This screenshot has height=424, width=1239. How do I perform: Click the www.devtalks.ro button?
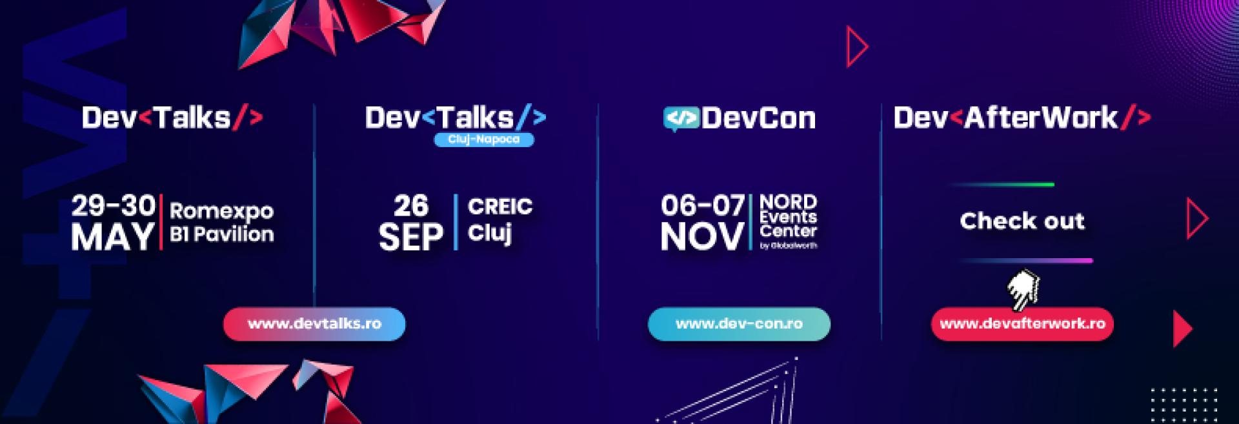click(314, 324)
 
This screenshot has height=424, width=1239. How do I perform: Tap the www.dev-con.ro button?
click(739, 324)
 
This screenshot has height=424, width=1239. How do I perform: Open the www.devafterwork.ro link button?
click(1022, 324)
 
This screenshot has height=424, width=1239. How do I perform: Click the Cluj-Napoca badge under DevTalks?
click(484, 139)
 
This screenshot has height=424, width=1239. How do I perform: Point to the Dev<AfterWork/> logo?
click(1022, 118)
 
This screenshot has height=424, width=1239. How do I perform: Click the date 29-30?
click(114, 206)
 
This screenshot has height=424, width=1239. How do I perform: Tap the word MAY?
click(113, 237)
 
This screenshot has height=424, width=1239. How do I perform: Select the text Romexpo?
click(221, 212)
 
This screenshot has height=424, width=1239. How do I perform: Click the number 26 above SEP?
click(411, 206)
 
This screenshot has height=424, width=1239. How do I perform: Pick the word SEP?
click(411, 237)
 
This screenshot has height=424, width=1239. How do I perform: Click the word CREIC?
click(500, 207)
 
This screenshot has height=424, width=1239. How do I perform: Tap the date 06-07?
click(703, 206)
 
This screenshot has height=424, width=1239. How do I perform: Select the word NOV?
click(702, 237)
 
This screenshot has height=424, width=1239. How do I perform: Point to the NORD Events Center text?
click(789, 217)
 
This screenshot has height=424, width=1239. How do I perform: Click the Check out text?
click(1022, 221)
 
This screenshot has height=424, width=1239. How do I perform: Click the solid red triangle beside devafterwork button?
click(1182, 329)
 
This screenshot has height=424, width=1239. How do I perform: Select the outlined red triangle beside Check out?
click(1197, 219)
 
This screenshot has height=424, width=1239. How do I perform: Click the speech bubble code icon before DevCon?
click(681, 119)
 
